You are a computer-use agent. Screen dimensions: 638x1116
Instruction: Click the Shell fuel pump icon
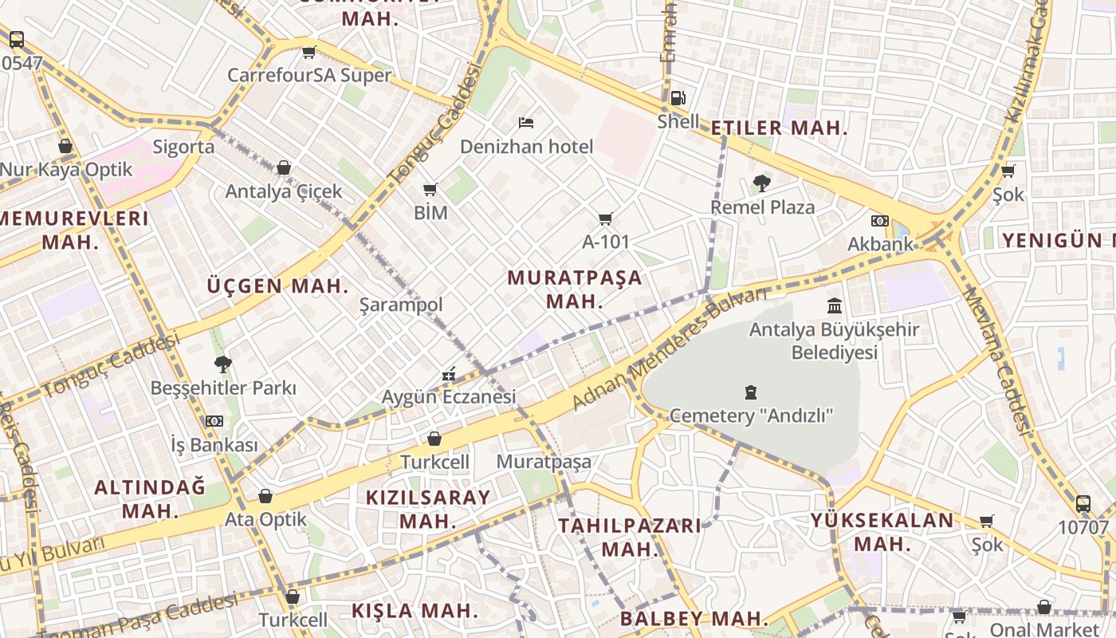coord(677,98)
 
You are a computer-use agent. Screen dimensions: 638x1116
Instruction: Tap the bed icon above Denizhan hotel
coord(525,122)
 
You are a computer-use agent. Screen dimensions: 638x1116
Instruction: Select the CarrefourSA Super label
coord(309,75)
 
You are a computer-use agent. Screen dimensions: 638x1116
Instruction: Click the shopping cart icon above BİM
coord(430,189)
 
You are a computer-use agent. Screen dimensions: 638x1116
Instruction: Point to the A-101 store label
coord(606,241)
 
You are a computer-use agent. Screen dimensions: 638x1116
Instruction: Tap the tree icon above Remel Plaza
coord(761,183)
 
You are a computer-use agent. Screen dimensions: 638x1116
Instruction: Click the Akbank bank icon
coord(880,220)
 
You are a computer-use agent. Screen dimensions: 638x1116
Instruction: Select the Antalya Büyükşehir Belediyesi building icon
coord(835,305)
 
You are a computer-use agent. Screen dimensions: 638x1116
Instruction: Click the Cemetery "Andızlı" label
coord(751,415)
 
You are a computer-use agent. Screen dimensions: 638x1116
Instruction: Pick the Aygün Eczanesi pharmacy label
coord(449,396)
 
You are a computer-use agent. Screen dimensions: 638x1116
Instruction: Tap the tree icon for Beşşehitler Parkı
coord(223,364)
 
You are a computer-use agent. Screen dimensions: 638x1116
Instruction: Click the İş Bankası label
coord(214,444)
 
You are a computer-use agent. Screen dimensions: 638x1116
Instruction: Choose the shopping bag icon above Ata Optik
coord(265,496)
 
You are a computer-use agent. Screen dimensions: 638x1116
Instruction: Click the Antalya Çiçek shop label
coord(283,191)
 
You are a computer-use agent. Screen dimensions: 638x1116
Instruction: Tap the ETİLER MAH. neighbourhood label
coord(779,128)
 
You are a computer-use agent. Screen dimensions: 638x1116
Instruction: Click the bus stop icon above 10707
coord(1083,503)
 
